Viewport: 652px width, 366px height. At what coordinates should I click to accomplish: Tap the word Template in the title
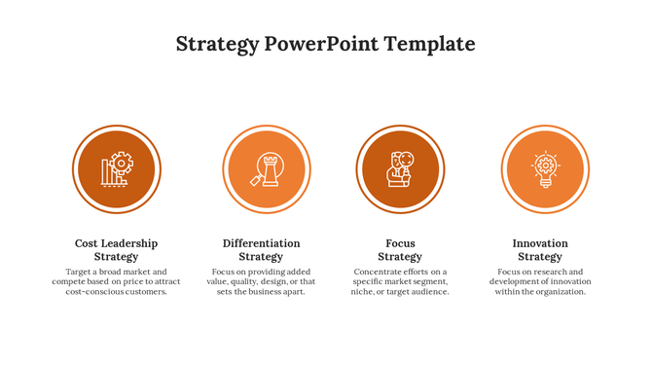click(429, 44)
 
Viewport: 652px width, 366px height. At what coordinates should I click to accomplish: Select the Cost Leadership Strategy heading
click(116, 250)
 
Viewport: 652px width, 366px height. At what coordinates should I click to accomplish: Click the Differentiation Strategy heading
click(261, 250)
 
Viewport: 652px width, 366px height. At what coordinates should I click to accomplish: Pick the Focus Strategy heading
click(400, 250)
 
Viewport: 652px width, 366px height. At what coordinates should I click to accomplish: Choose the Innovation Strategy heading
click(540, 250)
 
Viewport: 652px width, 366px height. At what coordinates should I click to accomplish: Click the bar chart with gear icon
click(117, 169)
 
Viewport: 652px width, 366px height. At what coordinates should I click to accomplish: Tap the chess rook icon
click(267, 169)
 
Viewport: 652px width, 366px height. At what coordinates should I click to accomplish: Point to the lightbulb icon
click(545, 169)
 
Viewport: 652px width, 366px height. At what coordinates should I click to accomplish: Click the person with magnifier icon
click(400, 169)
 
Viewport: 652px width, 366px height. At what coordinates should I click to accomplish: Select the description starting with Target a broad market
click(116, 281)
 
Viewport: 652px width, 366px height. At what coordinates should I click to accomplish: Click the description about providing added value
click(261, 281)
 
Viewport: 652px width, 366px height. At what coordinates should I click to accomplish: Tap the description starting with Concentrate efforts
click(400, 281)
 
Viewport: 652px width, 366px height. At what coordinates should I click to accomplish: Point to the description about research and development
click(540, 281)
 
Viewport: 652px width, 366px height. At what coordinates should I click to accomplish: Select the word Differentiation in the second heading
click(261, 243)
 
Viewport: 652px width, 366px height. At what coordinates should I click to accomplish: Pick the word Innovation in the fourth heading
click(540, 243)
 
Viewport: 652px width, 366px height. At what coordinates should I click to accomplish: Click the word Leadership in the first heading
click(130, 243)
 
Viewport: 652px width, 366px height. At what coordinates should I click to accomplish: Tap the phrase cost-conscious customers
click(116, 291)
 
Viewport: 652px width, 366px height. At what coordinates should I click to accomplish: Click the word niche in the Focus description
click(362, 291)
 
